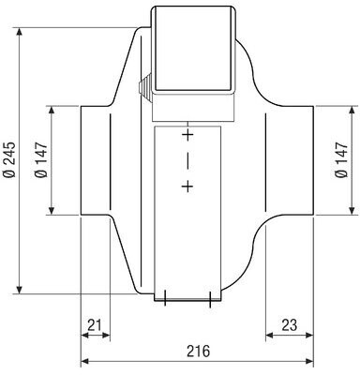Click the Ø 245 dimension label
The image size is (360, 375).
(x=9, y=160)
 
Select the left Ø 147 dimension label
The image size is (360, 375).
(x=41, y=160)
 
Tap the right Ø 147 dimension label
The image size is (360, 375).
(x=341, y=160)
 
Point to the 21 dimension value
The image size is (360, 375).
(x=95, y=325)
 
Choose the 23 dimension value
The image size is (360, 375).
(x=290, y=325)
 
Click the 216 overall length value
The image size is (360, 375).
(x=199, y=351)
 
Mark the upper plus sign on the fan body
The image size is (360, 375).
(x=187, y=135)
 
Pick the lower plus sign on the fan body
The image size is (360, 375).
(x=187, y=187)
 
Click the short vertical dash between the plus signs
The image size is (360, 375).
(x=187, y=161)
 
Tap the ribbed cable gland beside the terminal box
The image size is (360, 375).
(x=144, y=87)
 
